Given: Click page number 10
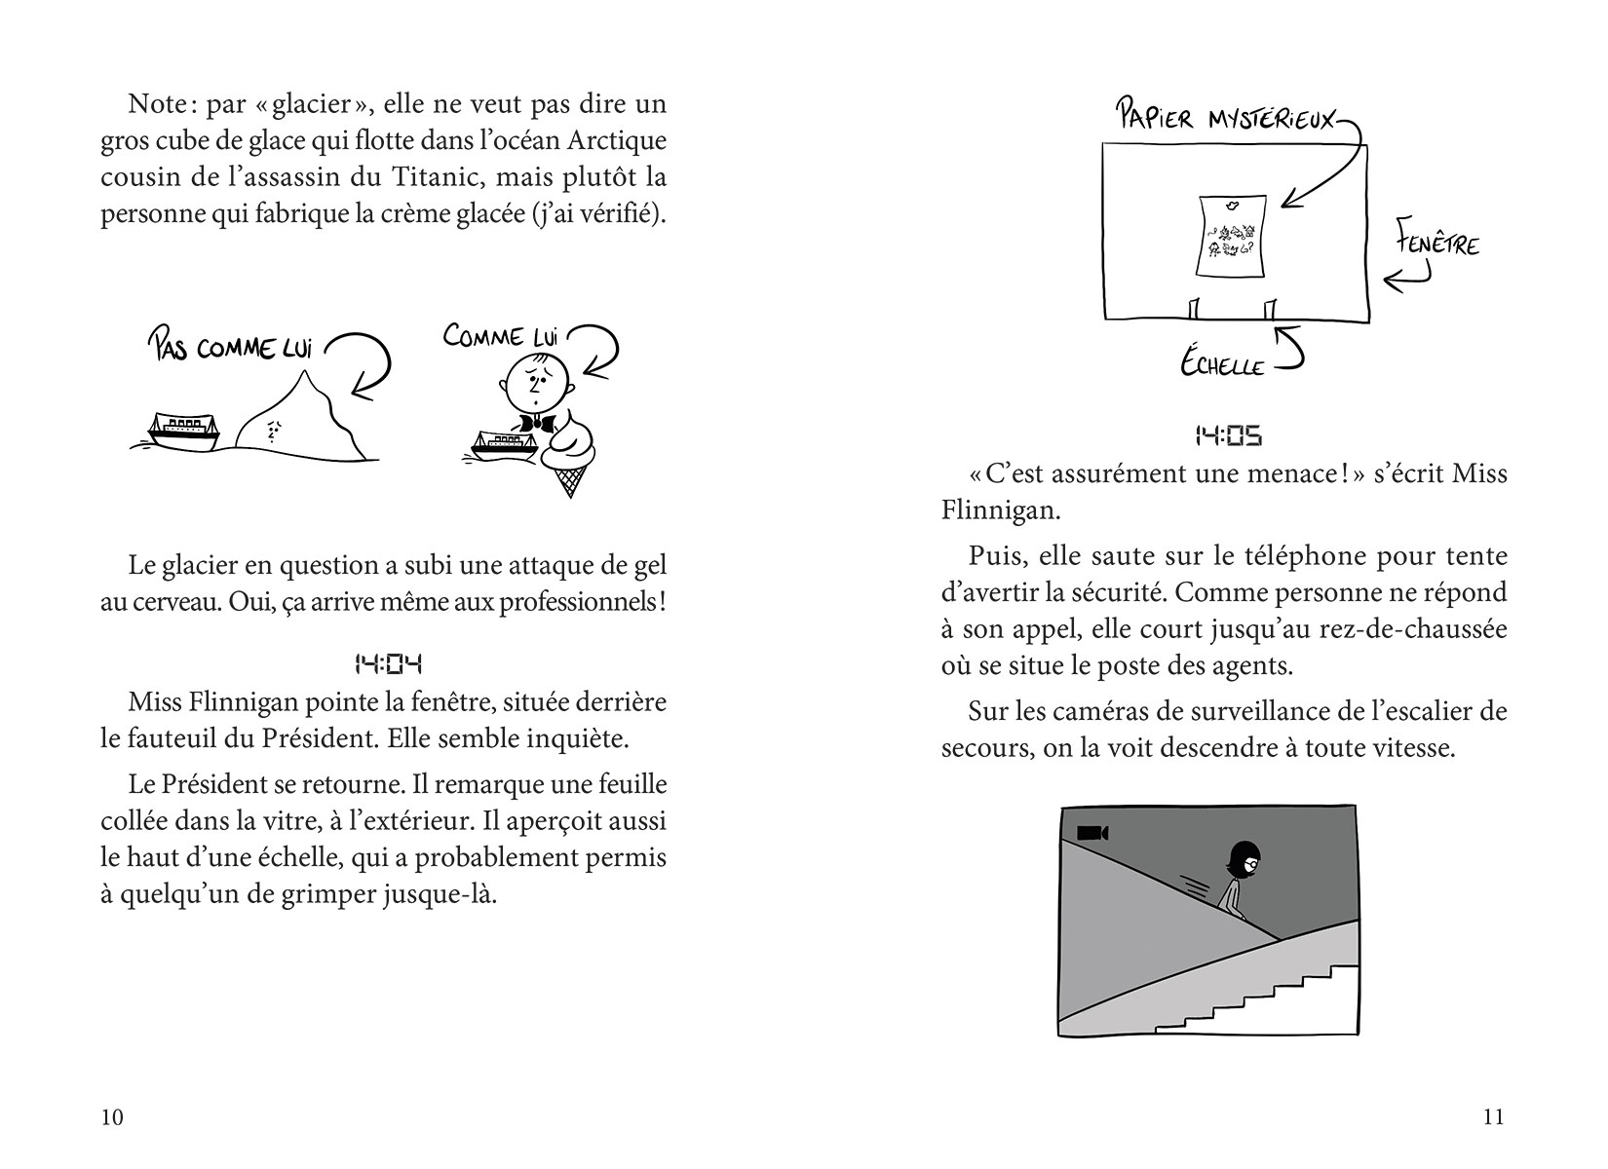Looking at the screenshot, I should click(112, 1117).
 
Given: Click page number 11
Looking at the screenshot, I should click(1493, 1117).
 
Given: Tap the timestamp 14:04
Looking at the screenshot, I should click(388, 665).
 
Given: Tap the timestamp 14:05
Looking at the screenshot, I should click(1228, 436).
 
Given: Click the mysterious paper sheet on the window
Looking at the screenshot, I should click(1230, 235).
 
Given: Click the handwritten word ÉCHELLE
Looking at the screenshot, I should click(1222, 364).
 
